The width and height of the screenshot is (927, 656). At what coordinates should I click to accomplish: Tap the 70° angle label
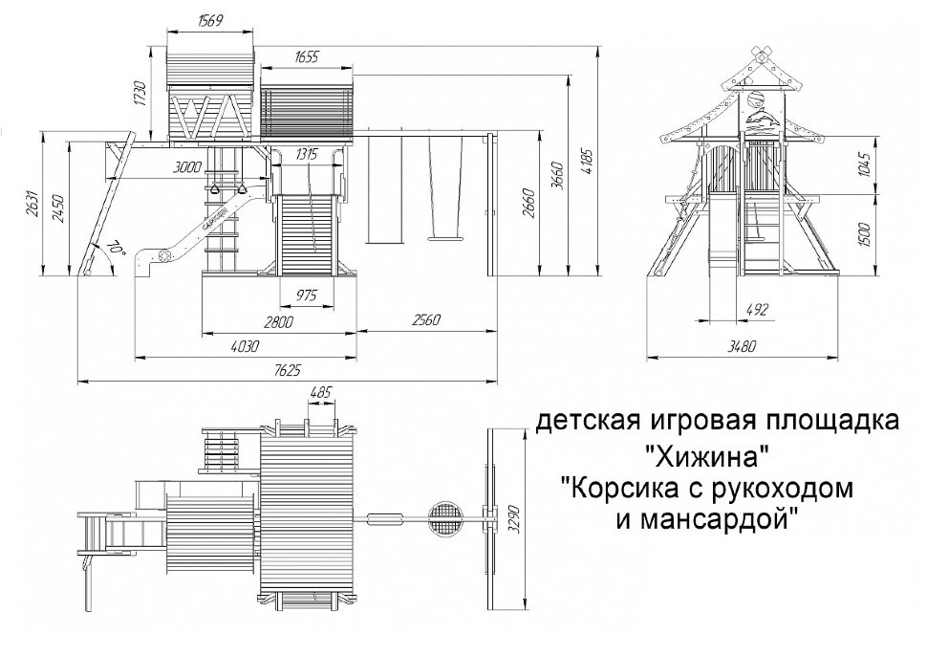(115, 247)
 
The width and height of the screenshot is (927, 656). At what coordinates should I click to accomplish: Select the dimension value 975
(306, 295)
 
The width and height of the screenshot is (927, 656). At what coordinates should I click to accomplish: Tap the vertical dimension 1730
(140, 93)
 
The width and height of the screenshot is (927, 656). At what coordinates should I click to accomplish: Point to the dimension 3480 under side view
(742, 347)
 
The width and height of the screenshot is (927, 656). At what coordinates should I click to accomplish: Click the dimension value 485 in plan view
(321, 393)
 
